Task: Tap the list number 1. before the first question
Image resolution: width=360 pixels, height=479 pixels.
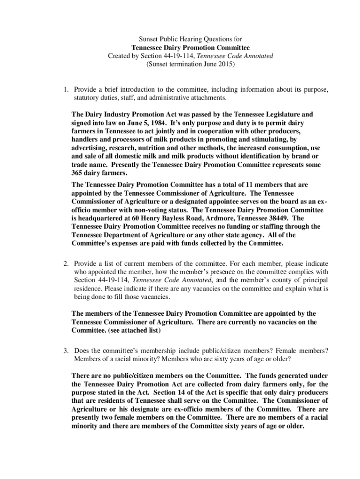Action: pos(67,89)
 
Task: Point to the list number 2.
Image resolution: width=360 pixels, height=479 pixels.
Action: pos(67,263)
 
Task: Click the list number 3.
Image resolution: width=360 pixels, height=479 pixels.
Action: pos(67,350)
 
